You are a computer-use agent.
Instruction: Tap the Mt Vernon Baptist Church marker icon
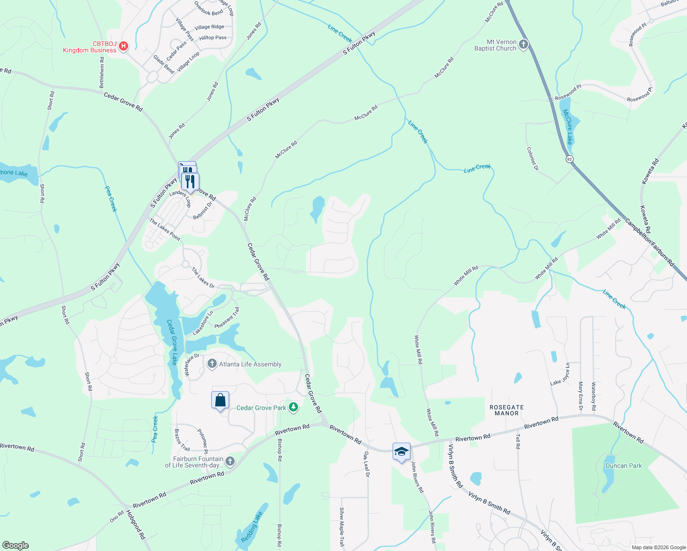click(524, 45)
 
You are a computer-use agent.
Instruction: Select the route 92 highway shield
click(569, 159)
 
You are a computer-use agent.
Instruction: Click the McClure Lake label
click(569, 127)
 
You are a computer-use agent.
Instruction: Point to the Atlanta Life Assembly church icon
click(212, 364)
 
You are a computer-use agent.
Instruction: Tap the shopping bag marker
click(220, 400)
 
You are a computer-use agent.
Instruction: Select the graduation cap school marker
click(401, 451)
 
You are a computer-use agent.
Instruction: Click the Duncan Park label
click(623, 466)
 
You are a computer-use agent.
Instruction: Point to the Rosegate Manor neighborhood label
click(507, 410)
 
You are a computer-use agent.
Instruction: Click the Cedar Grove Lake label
click(172, 342)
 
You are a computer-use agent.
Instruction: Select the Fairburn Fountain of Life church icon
click(230, 461)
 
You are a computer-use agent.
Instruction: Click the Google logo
click(15, 545)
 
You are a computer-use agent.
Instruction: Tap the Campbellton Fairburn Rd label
click(649, 242)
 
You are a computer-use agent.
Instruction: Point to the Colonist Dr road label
click(532, 159)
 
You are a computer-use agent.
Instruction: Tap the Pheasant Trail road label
click(227, 318)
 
